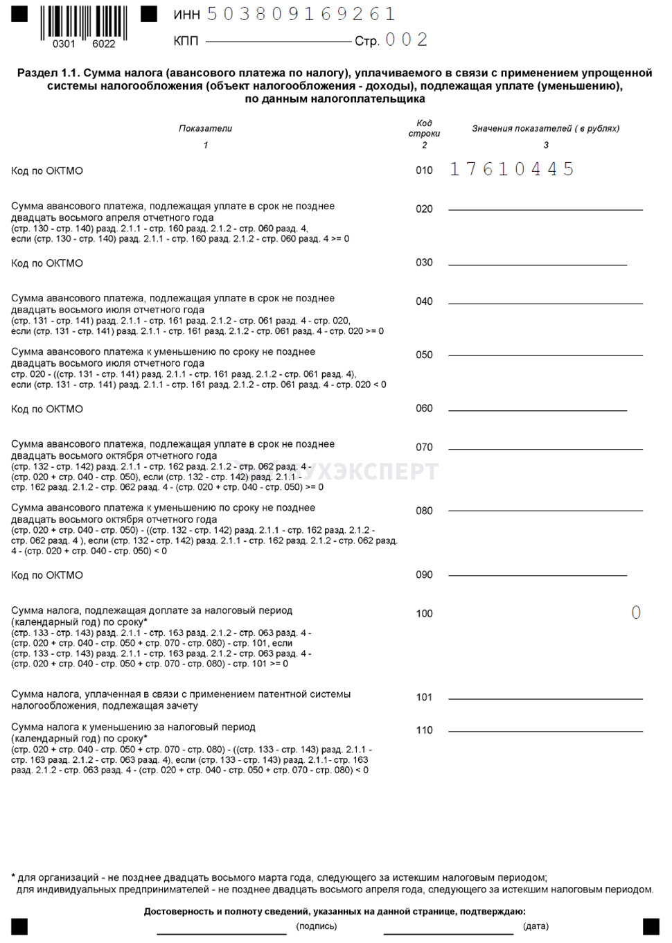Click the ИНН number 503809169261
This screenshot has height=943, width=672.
click(301, 14)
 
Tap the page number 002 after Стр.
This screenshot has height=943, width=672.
click(407, 40)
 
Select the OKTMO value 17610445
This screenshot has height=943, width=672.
click(512, 169)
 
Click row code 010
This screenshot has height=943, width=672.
click(424, 170)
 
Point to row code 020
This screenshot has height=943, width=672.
click(424, 209)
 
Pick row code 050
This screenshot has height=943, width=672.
click(424, 355)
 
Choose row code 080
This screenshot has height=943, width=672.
click(424, 511)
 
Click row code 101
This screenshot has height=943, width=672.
click(424, 697)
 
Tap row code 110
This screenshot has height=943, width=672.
click(424, 730)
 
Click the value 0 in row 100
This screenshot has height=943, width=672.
click(636, 613)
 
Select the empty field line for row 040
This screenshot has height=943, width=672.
click(545, 302)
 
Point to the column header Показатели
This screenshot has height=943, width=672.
click(205, 129)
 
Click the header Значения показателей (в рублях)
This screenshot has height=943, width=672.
click(546, 129)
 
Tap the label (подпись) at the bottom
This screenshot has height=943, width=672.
click(317, 926)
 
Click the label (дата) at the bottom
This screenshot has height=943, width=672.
click(536, 926)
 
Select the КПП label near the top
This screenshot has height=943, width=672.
click(186, 42)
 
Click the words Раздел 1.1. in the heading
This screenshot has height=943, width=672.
click(48, 73)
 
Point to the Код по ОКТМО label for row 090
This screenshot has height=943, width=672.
click(47, 575)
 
